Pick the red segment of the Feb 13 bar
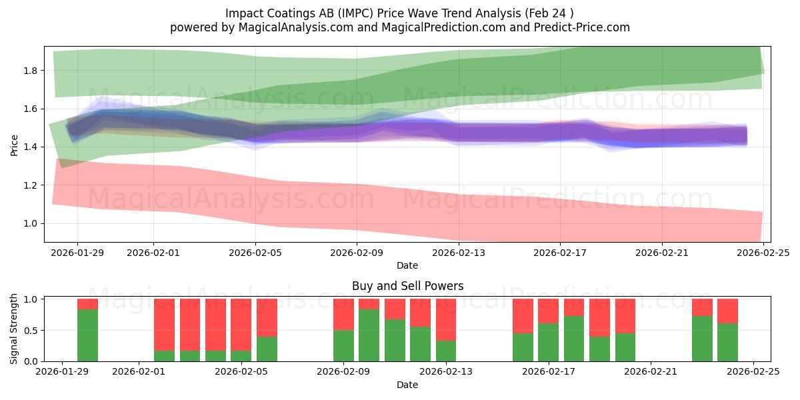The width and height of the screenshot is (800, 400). (x=446, y=319)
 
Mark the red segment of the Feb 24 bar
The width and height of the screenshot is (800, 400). (x=727, y=311)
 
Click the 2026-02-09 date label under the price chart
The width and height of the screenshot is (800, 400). (x=357, y=253)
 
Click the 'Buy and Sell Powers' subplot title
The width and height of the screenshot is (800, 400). (x=407, y=286)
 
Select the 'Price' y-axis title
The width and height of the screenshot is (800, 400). (x=15, y=145)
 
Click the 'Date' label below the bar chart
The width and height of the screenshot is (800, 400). (x=407, y=385)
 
